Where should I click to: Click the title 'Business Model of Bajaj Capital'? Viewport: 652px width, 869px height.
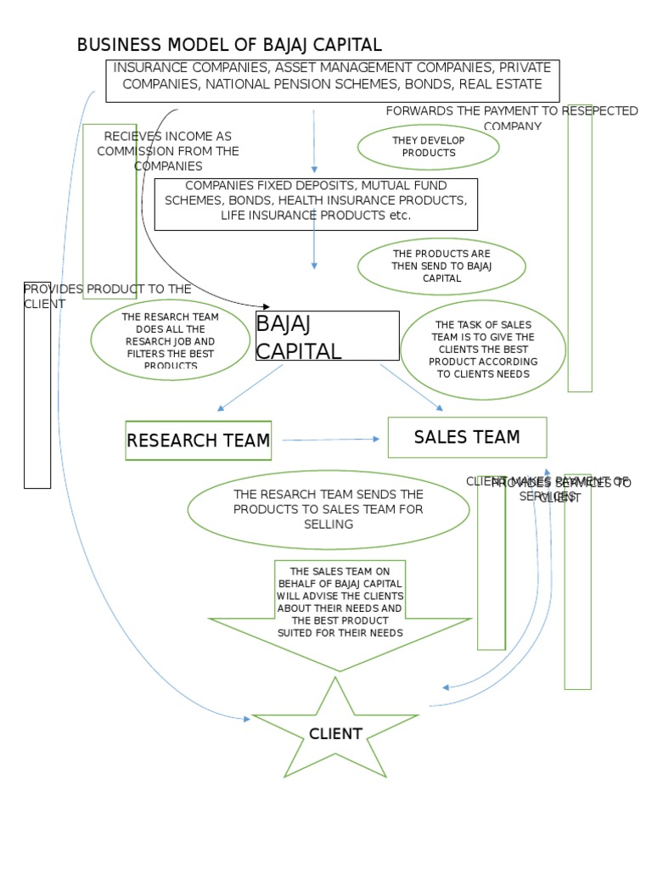pos(229,45)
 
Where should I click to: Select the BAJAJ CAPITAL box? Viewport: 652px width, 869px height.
pos(327,336)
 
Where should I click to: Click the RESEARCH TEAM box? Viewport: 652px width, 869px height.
pos(198,440)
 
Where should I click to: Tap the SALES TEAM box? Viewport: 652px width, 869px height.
pos(467,437)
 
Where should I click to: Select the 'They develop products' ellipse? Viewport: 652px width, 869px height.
pos(428,147)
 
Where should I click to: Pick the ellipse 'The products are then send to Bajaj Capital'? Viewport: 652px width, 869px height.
pos(441,266)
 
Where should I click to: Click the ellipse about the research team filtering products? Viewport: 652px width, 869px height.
pos(170,341)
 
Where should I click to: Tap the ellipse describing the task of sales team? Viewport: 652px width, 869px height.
pos(484,350)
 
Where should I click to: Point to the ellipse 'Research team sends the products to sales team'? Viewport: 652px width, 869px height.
pos(328,509)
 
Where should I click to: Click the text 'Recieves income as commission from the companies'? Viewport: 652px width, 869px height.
pos(168,150)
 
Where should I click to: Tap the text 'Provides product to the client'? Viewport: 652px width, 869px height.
pos(107,296)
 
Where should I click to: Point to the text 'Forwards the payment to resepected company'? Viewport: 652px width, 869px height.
pos(511,119)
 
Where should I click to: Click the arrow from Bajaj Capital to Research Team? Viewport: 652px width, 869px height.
pos(250,389)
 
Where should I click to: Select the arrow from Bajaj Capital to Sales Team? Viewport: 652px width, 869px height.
pos(411,387)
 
